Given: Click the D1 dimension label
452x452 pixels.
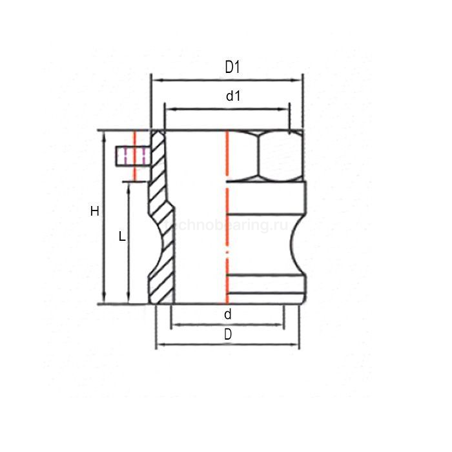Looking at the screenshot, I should point(232,67).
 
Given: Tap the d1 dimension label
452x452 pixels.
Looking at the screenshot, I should point(233,96).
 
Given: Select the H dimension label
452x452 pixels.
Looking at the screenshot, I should point(95,211).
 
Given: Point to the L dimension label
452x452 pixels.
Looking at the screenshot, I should point(122,237).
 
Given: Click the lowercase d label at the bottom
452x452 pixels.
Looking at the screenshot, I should point(227,314).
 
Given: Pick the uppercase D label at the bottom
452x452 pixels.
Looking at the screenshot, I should point(228,334).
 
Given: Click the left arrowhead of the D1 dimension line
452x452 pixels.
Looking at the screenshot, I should point(154,81).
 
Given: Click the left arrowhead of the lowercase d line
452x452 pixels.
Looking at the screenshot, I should point(174,325).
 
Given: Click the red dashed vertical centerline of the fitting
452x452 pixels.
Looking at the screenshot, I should point(227,220).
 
